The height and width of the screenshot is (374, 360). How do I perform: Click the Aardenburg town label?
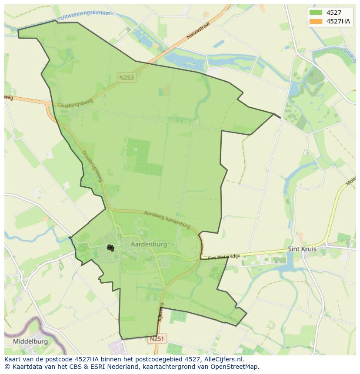click(x=149, y=245)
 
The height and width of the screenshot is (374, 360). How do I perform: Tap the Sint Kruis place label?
click(x=302, y=249)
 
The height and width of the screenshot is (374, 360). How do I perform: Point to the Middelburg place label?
click(x=30, y=341)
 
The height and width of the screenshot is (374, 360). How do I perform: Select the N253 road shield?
click(x=127, y=78)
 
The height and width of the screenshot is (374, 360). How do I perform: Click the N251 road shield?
click(x=157, y=339)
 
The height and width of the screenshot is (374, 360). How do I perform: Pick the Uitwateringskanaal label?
click(x=86, y=15)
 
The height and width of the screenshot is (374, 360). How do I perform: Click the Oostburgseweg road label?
click(x=76, y=103)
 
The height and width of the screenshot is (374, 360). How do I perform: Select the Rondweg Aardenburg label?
click(x=167, y=219)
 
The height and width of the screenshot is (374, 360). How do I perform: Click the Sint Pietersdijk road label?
click(x=223, y=258)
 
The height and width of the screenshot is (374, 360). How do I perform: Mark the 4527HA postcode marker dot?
click(x=112, y=249)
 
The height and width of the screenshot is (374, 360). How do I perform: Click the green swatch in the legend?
click(x=316, y=13)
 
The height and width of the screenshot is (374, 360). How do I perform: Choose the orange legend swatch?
click(x=316, y=21)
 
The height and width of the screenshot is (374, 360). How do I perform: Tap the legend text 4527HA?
click(x=338, y=21)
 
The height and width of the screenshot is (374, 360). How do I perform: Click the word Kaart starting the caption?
click(x=13, y=359)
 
